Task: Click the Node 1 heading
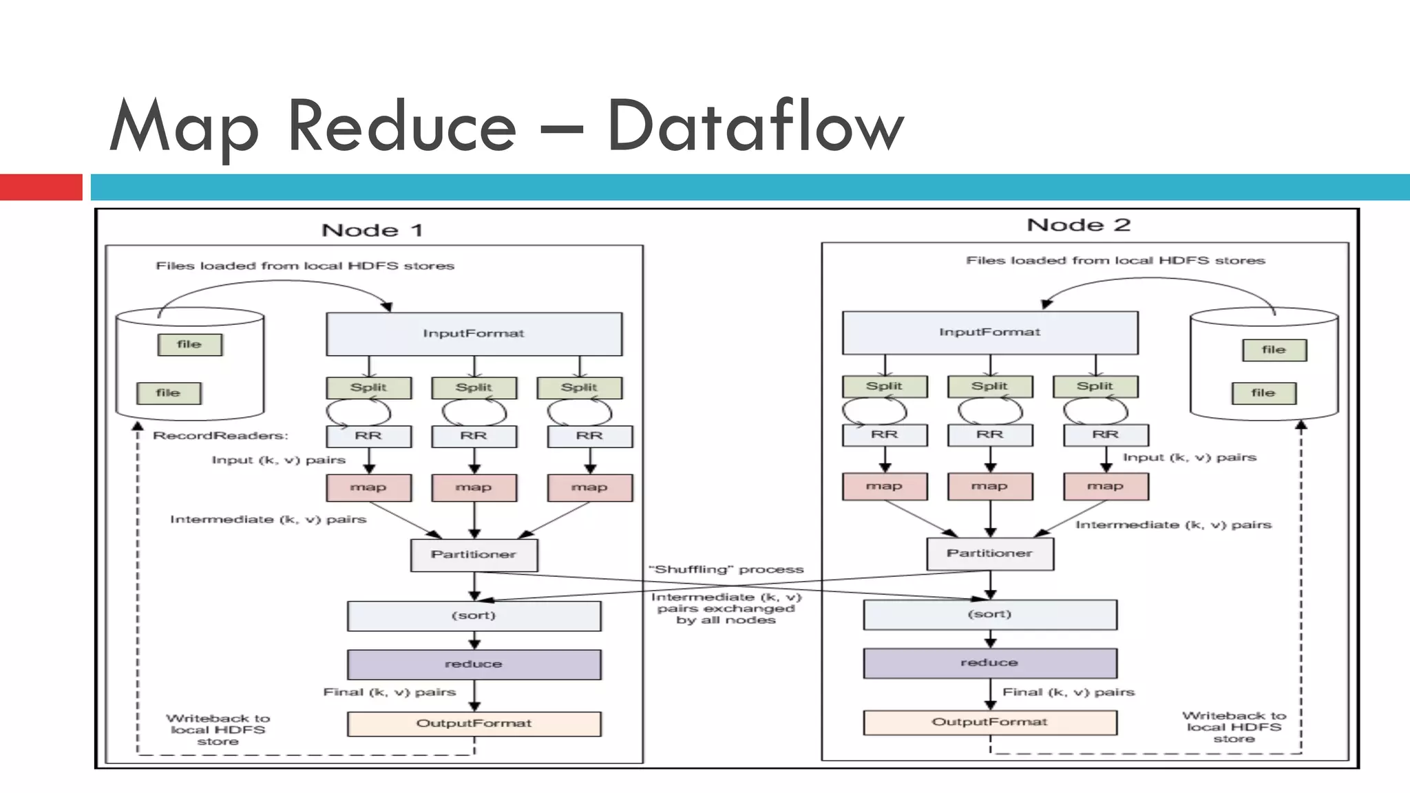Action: pyautogui.click(x=372, y=230)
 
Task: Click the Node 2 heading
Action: pyautogui.click(x=1078, y=225)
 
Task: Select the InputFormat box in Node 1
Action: pyautogui.click(x=474, y=334)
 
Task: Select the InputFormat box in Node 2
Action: pyautogui.click(x=989, y=332)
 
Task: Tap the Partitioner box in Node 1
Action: pyautogui.click(x=474, y=555)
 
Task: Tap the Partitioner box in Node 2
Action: pyautogui.click(x=989, y=553)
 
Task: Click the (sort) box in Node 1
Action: pyautogui.click(x=474, y=615)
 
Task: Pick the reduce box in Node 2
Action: pyautogui.click(x=989, y=663)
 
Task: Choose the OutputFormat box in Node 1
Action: pyautogui.click(x=474, y=723)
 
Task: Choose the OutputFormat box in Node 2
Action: pyautogui.click(x=989, y=722)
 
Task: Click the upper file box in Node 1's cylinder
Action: pyautogui.click(x=189, y=344)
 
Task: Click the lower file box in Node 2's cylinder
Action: pyautogui.click(x=1263, y=393)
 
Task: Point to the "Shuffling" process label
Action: pyautogui.click(x=726, y=569)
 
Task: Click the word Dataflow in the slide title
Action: pyautogui.click(x=755, y=127)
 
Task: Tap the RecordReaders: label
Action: pyautogui.click(x=220, y=436)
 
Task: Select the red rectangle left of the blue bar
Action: pyautogui.click(x=41, y=187)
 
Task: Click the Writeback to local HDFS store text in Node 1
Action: pyautogui.click(x=218, y=730)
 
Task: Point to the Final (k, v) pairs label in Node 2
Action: pyautogui.click(x=1068, y=692)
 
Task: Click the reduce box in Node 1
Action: pyautogui.click(x=474, y=664)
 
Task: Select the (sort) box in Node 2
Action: pyautogui.click(x=989, y=614)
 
